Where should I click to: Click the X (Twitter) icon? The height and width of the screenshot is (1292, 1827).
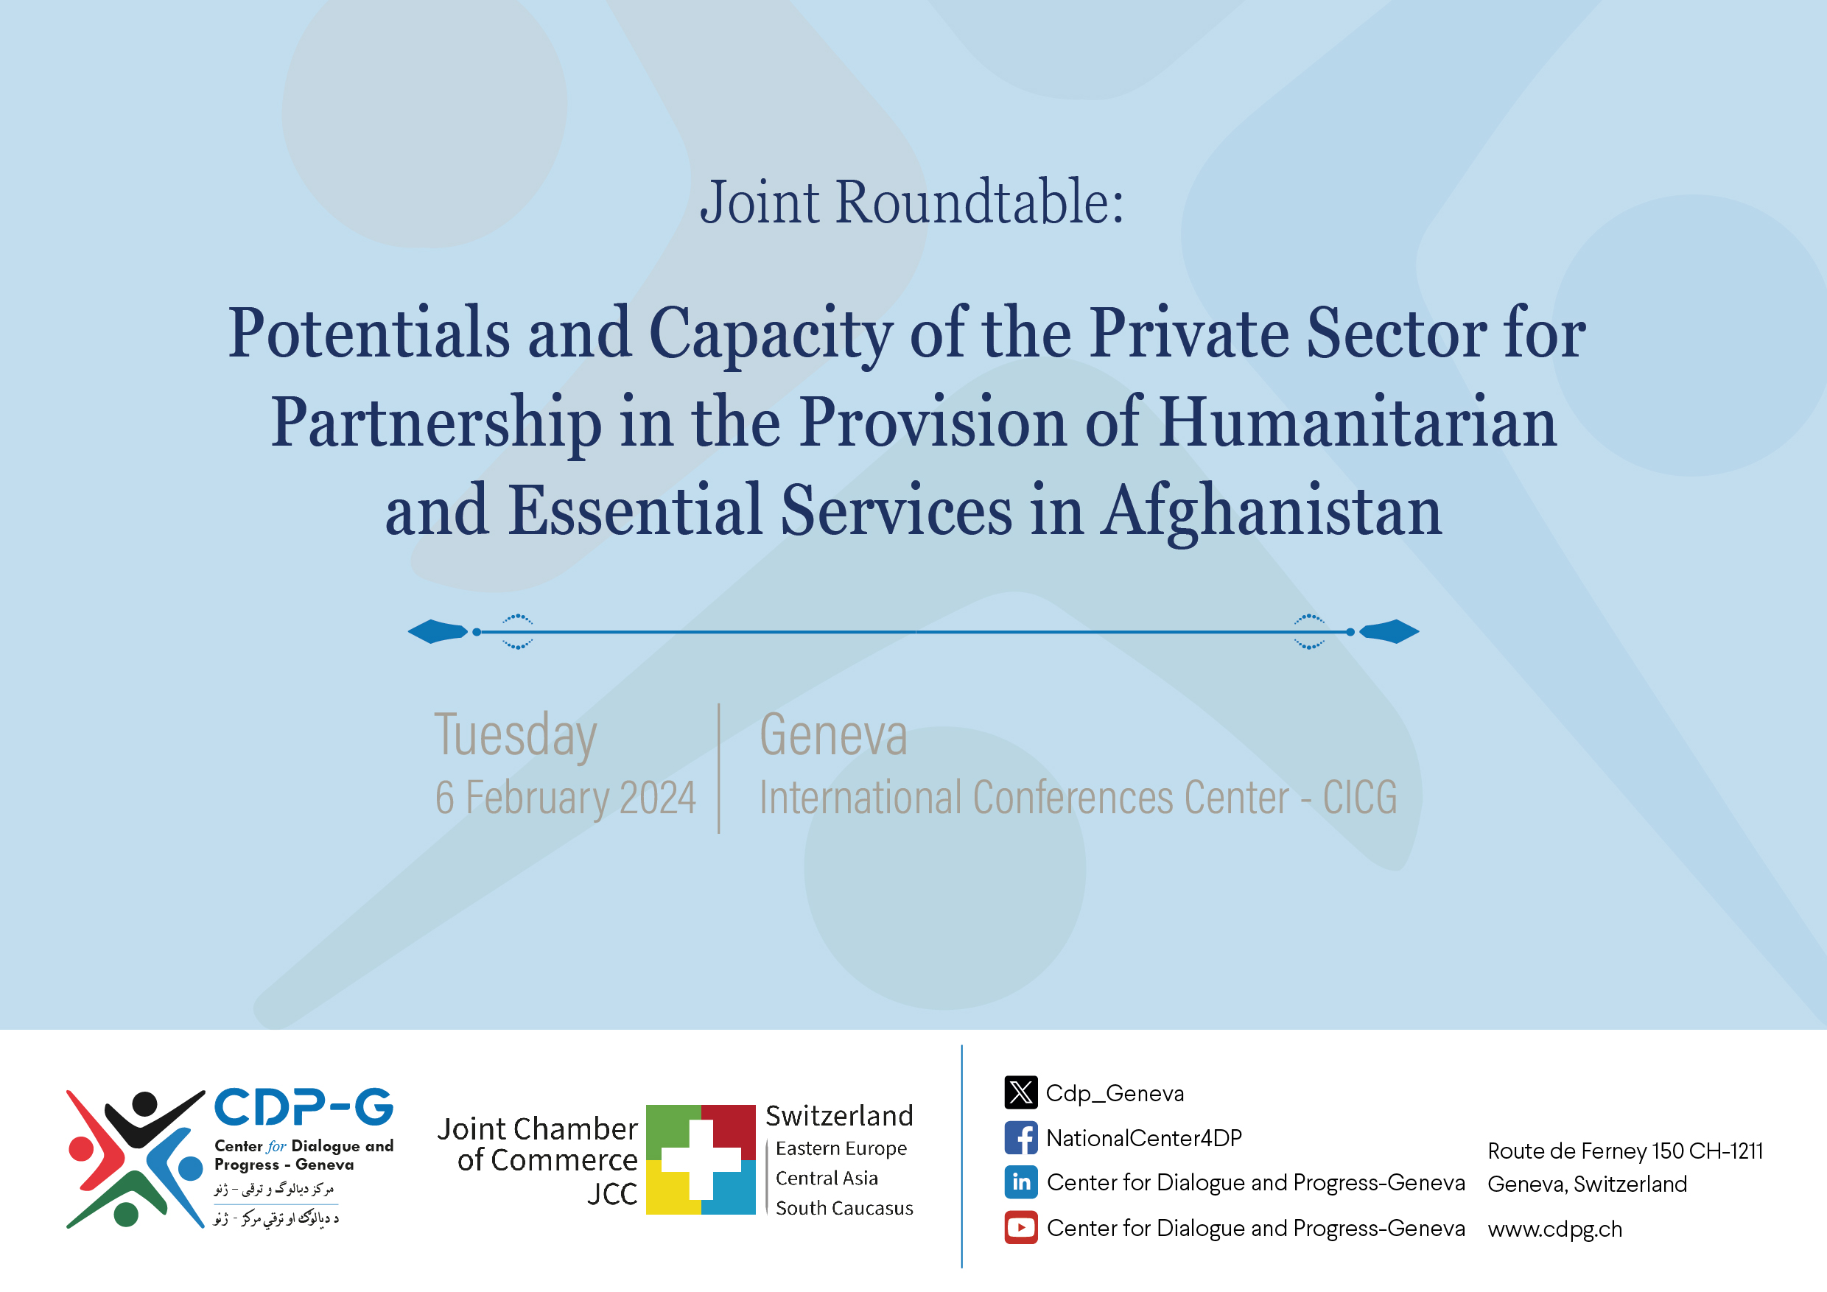coord(1020,1092)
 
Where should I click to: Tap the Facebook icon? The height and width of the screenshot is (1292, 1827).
coord(1020,1137)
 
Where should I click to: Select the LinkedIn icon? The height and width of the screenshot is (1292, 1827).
coord(1020,1182)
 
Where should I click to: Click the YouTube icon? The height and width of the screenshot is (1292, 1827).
coord(1020,1228)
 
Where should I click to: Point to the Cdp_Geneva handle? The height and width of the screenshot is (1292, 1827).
coord(1114,1093)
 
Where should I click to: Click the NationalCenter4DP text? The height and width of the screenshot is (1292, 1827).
coord(1143,1139)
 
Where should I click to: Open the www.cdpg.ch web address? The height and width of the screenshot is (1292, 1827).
coord(1554,1229)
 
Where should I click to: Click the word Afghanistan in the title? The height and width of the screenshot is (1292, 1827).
coord(1271,510)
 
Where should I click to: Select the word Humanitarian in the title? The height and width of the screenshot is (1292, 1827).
coord(1358,423)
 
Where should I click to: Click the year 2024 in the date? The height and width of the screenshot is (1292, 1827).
coord(657,798)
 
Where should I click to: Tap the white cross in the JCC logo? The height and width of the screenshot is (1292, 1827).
coord(701,1159)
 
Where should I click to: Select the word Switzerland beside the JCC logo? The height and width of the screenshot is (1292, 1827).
coord(838,1115)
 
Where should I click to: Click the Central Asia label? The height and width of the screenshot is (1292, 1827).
coord(826,1179)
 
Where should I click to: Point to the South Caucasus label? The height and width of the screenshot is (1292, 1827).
coord(844,1209)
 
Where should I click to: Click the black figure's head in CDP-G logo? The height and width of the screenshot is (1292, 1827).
coord(144,1103)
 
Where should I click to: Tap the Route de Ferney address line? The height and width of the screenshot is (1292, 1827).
coord(1625,1151)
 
